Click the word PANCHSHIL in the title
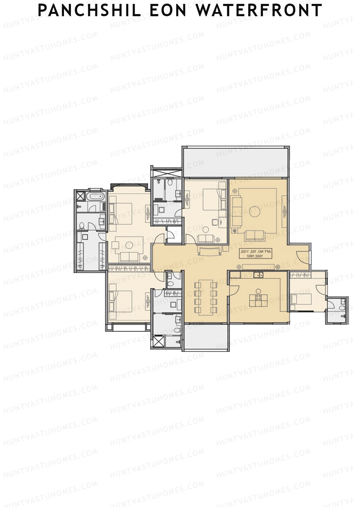pos(89,10)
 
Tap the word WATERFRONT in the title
pos(259,10)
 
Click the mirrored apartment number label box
pos(255,254)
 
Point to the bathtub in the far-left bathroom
pos(95,197)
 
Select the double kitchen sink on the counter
pos(258,275)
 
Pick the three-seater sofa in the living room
pos(236,211)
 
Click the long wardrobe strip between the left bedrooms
pos(129,268)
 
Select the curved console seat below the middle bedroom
pos(210,251)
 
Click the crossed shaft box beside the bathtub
pos(80,196)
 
